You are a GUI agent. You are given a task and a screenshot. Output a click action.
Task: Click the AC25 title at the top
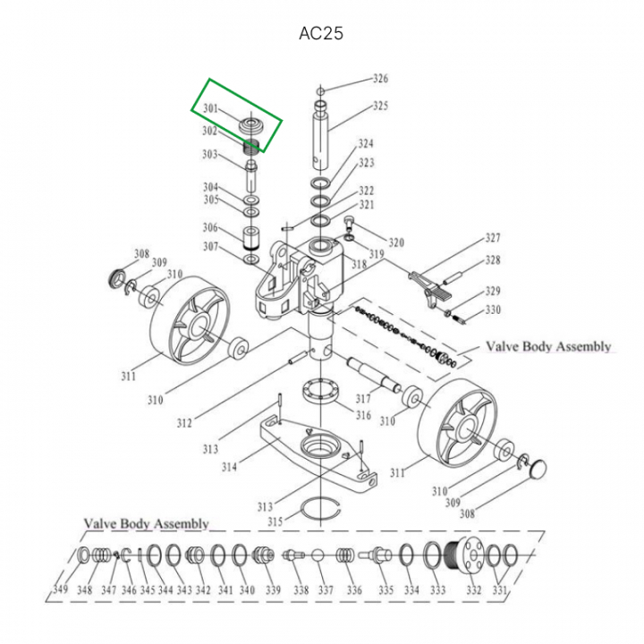pyautogui.click(x=321, y=34)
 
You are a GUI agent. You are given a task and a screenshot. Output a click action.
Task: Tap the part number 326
pyautogui.click(x=381, y=79)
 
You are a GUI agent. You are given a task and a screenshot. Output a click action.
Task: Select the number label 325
pyautogui.click(x=381, y=106)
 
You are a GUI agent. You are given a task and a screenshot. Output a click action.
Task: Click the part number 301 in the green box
pyautogui.click(x=210, y=109)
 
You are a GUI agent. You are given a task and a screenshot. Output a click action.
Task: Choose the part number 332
pyautogui.click(x=473, y=590)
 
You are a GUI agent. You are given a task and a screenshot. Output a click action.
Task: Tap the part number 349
pyautogui.click(x=60, y=590)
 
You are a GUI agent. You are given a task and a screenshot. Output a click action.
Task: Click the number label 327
pyautogui.click(x=493, y=239)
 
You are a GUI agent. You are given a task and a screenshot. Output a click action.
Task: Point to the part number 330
pyautogui.click(x=493, y=310)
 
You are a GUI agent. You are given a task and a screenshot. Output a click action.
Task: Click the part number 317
pyautogui.click(x=363, y=400)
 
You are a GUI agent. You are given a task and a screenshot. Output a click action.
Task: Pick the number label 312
pyautogui.click(x=184, y=422)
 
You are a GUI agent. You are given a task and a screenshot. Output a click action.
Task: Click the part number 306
pyautogui.click(x=210, y=227)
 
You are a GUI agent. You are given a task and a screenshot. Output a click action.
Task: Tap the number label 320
pyautogui.click(x=396, y=242)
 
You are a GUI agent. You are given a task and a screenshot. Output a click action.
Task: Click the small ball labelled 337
pyautogui.click(x=318, y=555)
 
